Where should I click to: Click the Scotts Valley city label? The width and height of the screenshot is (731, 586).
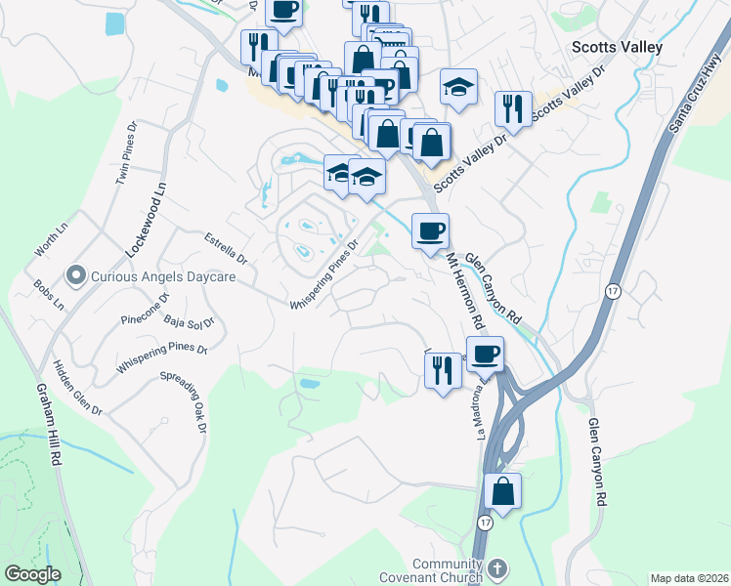[x=617, y=47]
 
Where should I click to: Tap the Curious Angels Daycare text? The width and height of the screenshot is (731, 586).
[x=163, y=277]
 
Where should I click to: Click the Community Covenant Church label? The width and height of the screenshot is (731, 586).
[x=449, y=570]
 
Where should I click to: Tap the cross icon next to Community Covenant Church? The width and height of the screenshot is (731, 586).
[x=496, y=568]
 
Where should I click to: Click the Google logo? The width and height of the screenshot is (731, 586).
[x=33, y=574]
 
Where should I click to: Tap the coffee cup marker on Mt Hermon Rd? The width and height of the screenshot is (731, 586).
[x=430, y=231]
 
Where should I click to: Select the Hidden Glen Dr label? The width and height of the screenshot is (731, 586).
[x=78, y=386]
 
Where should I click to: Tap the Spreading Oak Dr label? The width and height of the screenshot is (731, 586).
[x=184, y=401]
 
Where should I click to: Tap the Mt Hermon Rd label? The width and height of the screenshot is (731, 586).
[x=466, y=293]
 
